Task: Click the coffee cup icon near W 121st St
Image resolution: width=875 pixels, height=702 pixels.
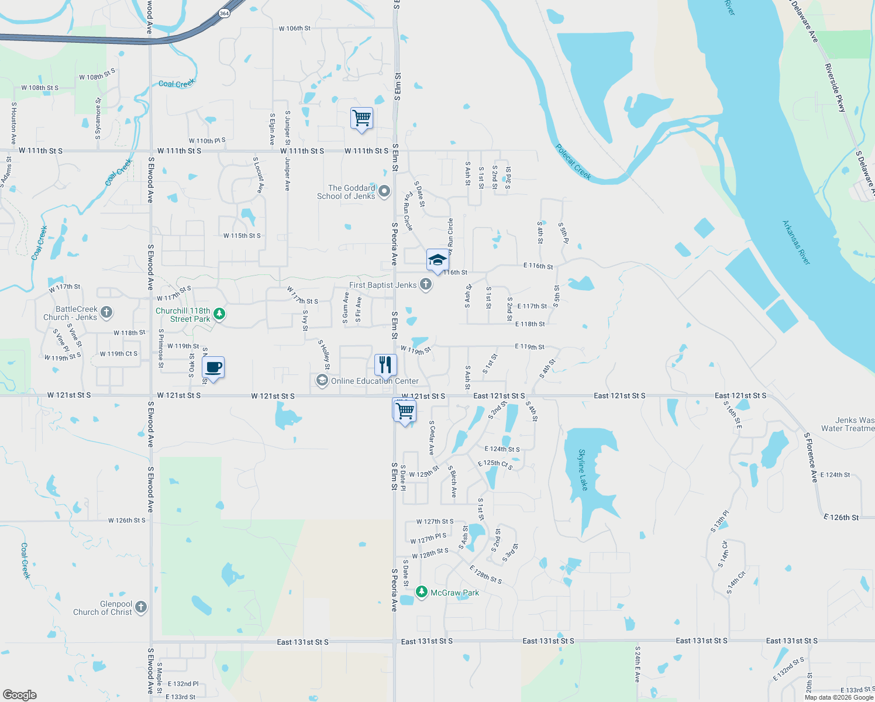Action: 213,367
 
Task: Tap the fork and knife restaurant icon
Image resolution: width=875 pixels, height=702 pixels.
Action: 385,364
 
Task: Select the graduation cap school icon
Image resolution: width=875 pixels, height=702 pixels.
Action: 437,260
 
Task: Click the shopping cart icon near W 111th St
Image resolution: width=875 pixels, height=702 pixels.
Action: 362,118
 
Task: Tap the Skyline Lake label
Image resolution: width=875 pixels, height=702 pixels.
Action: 583,470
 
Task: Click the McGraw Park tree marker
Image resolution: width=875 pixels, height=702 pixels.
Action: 421,592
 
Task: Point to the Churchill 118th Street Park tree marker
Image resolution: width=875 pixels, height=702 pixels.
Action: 219,314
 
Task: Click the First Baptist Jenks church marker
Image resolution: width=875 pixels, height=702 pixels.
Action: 426,285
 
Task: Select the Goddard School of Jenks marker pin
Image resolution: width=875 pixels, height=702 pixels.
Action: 384,191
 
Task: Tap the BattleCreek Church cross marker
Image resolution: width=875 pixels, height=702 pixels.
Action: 106,312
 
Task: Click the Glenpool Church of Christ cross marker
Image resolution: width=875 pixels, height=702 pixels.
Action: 141,607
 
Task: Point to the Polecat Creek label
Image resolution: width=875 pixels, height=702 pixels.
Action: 573,161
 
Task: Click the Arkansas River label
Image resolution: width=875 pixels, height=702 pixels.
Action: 797,242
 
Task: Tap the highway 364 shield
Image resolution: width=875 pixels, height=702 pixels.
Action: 224,13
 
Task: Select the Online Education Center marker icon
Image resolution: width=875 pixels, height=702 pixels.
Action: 322,381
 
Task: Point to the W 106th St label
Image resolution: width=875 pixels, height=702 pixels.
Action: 295,28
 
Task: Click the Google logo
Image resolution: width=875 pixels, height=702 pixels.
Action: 20,695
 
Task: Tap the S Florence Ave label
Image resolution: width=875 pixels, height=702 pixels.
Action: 811,457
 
